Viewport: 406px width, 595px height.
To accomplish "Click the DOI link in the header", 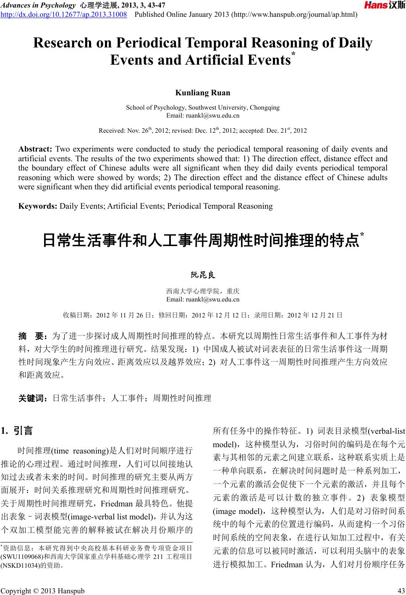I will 64,15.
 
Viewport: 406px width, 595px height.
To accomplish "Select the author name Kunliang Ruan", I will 203,93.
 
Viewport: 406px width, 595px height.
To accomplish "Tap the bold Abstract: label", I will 35,149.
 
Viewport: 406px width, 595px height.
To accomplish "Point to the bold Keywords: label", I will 38,206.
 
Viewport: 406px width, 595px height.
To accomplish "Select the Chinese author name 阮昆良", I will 203,275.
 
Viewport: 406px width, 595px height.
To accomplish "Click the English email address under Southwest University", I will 203,115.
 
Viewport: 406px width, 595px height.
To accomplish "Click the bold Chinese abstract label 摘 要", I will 34,336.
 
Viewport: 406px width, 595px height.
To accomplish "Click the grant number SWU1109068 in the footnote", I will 22,556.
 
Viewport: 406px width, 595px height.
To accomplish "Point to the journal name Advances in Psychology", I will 38,5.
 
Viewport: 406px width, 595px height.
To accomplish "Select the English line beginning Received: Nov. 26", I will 203,131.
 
